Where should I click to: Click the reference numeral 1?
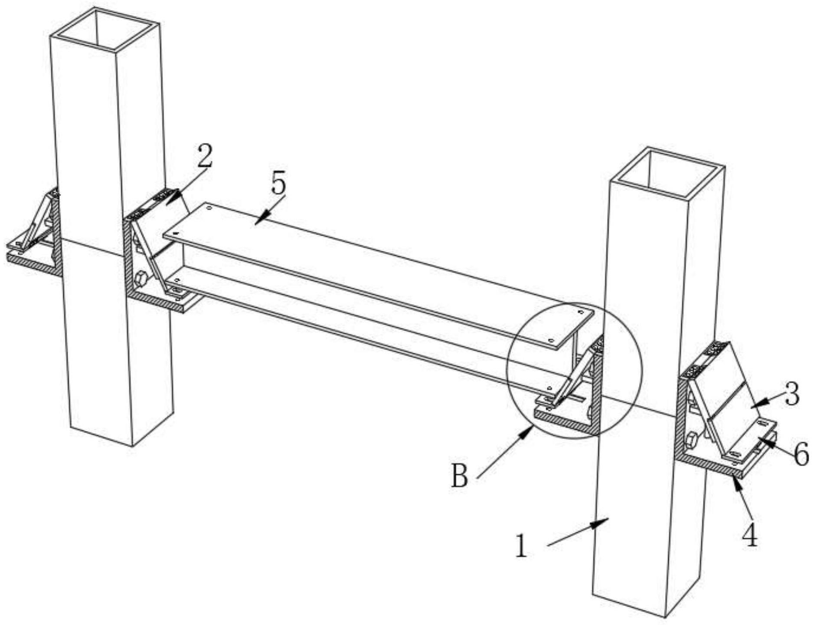[522, 546]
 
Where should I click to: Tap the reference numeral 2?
[205, 156]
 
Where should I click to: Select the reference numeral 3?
[792, 395]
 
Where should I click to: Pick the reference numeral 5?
[278, 183]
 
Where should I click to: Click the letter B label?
[460, 476]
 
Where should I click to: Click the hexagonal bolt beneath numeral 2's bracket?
[141, 278]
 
